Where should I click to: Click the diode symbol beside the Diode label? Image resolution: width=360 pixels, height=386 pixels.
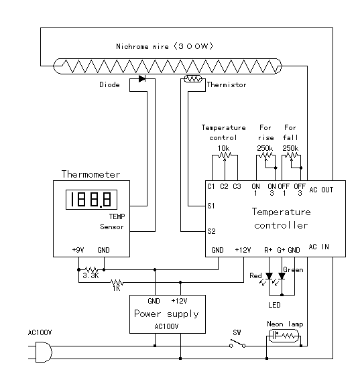[142, 79]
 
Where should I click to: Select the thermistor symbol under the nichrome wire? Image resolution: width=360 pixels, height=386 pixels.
[193, 79]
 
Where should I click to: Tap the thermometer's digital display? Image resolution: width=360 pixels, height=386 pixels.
[91, 200]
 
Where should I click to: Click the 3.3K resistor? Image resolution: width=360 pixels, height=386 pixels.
[91, 270]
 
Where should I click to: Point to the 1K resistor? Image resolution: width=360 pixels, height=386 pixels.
[117, 282]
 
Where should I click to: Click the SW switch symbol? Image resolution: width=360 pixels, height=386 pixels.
[237, 344]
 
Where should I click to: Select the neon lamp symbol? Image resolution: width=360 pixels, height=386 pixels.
[284, 336]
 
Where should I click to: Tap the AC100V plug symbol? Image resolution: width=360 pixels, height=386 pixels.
[44, 352]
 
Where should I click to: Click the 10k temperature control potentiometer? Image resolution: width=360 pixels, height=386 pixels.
[225, 155]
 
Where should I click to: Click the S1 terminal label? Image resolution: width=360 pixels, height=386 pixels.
[211, 206]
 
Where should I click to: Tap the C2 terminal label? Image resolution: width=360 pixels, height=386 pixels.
[224, 186]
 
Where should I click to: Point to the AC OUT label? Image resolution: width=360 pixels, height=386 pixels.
[321, 190]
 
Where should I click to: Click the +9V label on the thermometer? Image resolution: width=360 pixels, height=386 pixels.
[78, 250]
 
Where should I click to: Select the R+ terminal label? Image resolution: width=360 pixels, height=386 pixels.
[268, 250]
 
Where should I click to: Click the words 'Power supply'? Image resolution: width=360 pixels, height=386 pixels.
[166, 314]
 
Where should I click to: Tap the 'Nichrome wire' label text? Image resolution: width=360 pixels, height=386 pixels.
[143, 46]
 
